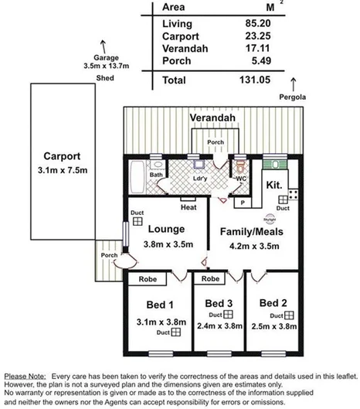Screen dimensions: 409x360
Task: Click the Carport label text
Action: pos(59,154)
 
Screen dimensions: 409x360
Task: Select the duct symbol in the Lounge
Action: pos(136,220)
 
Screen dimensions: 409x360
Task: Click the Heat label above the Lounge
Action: pos(188,206)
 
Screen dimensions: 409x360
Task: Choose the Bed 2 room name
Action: pos(274,302)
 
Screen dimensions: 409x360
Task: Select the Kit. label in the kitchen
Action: pos(273,186)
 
